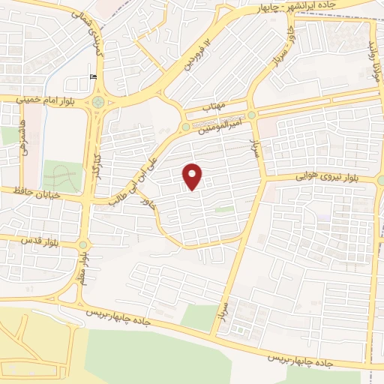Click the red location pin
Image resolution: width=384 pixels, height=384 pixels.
[x=193, y=176]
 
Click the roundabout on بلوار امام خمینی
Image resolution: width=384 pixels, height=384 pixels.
[x=97, y=102]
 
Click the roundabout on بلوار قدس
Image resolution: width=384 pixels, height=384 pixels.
[x=83, y=244]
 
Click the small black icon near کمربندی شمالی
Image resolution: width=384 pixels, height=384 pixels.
[x=94, y=76]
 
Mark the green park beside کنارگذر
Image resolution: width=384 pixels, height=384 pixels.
[x=62, y=177]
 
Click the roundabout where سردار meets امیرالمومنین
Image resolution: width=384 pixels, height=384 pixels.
[x=252, y=115]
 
